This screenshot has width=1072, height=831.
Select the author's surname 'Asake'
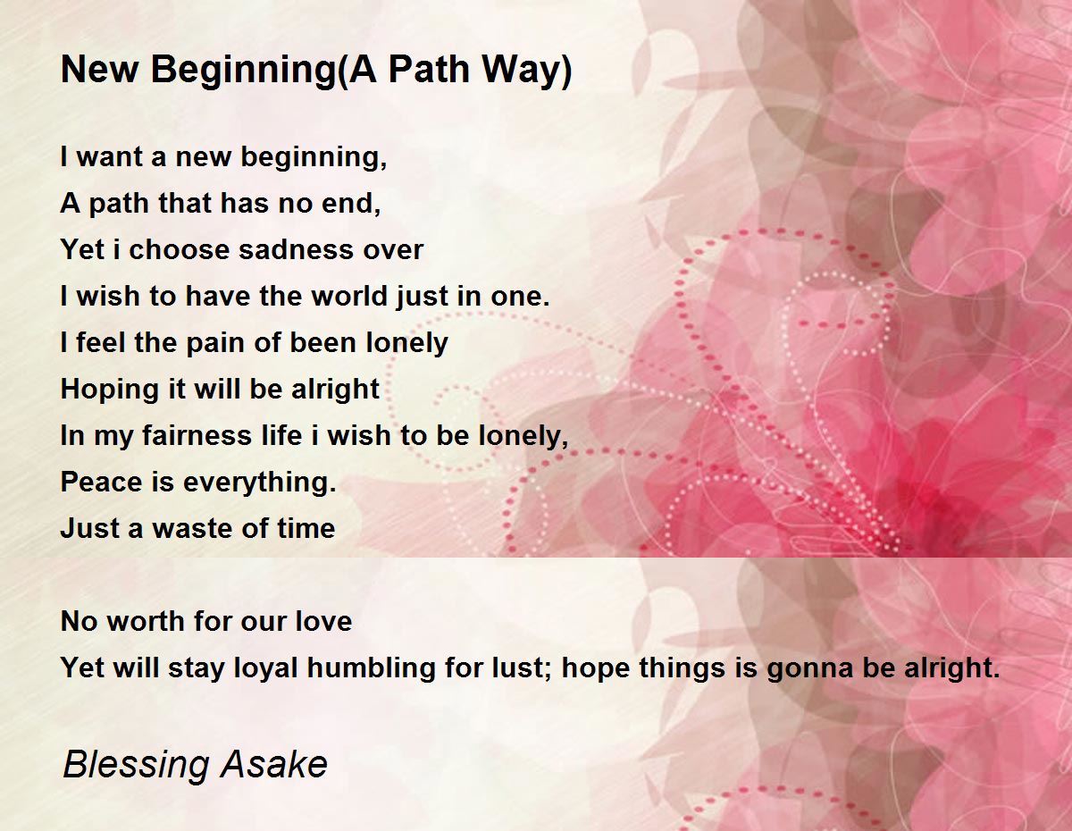coord(273,765)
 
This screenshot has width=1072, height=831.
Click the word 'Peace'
coord(101,482)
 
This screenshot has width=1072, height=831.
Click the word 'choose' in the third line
coord(179,249)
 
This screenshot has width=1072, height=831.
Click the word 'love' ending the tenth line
coord(323,621)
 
